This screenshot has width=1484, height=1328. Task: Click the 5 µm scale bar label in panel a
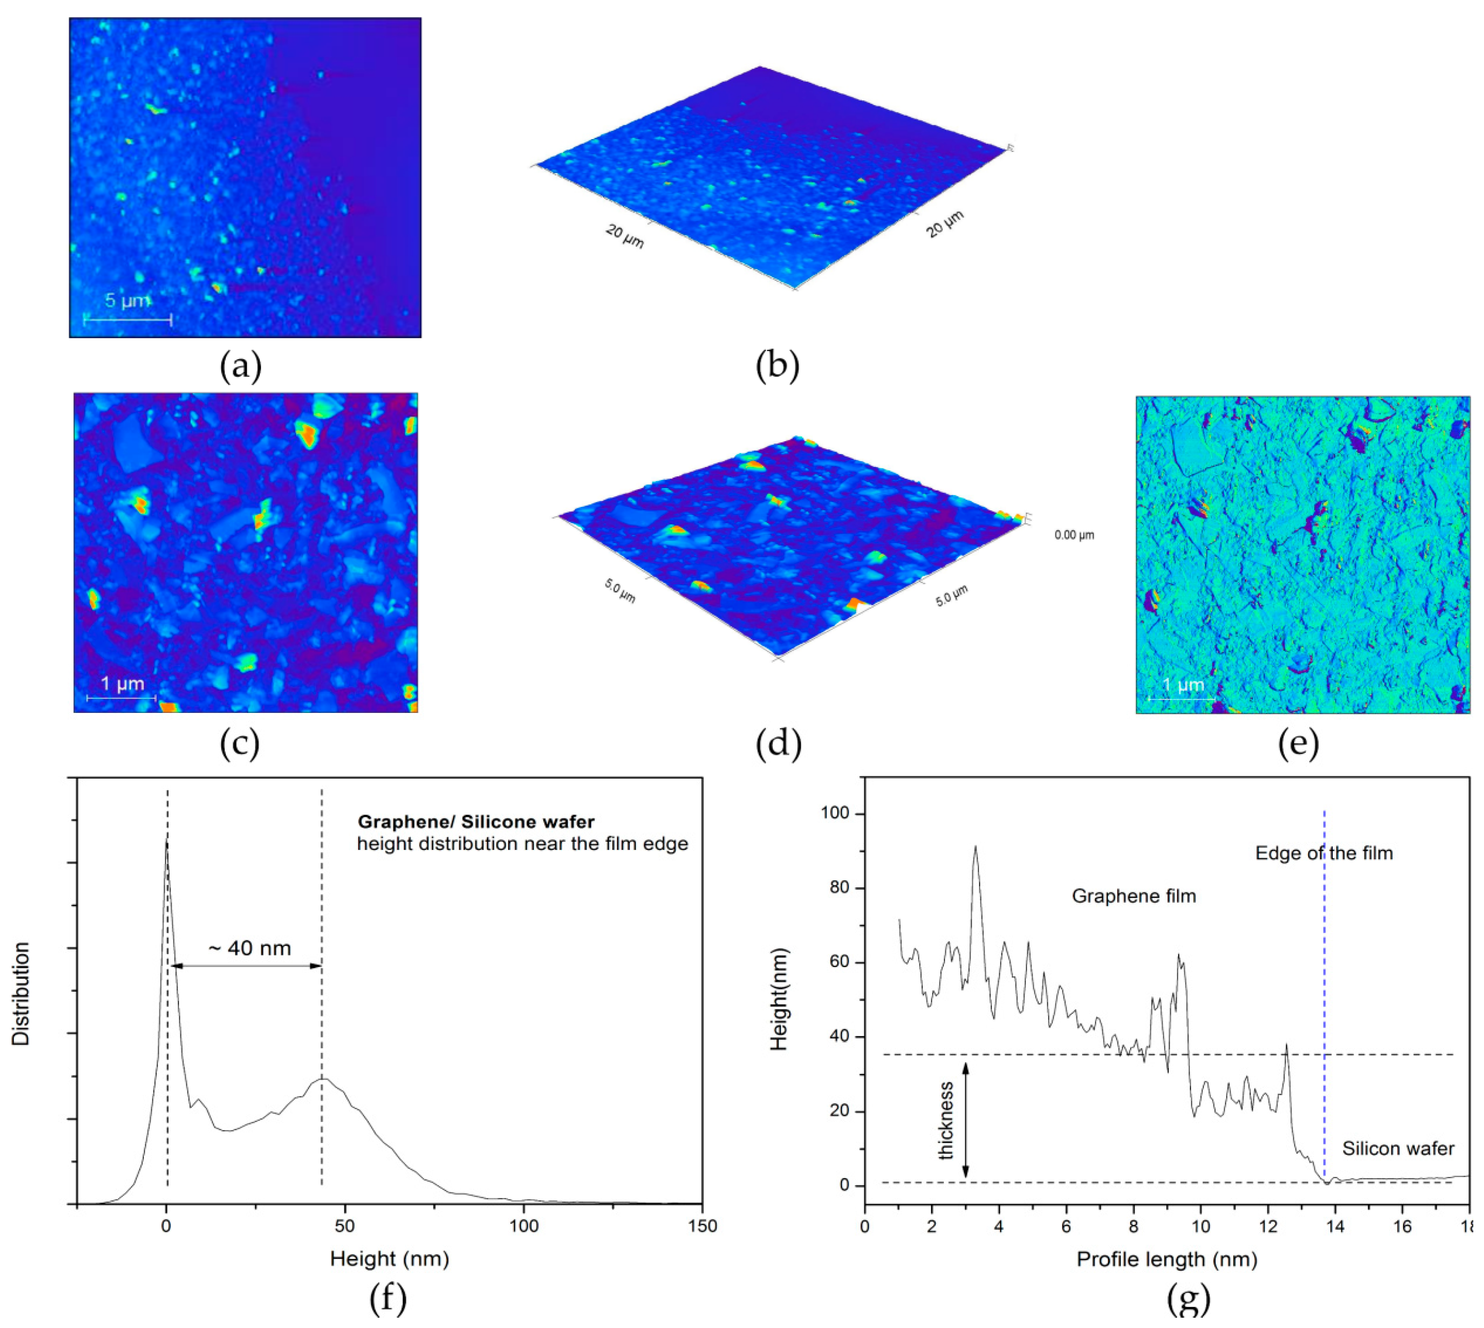point(127,300)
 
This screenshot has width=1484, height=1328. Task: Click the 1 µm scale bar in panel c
point(121,697)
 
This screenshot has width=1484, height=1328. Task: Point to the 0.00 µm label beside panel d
point(1074,535)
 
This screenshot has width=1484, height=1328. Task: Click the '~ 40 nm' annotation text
point(249,948)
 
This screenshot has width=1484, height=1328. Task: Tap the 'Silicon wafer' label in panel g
point(1398,1149)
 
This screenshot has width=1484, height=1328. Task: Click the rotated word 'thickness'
point(947,1120)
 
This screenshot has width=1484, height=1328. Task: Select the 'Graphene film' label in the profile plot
point(1134,896)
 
